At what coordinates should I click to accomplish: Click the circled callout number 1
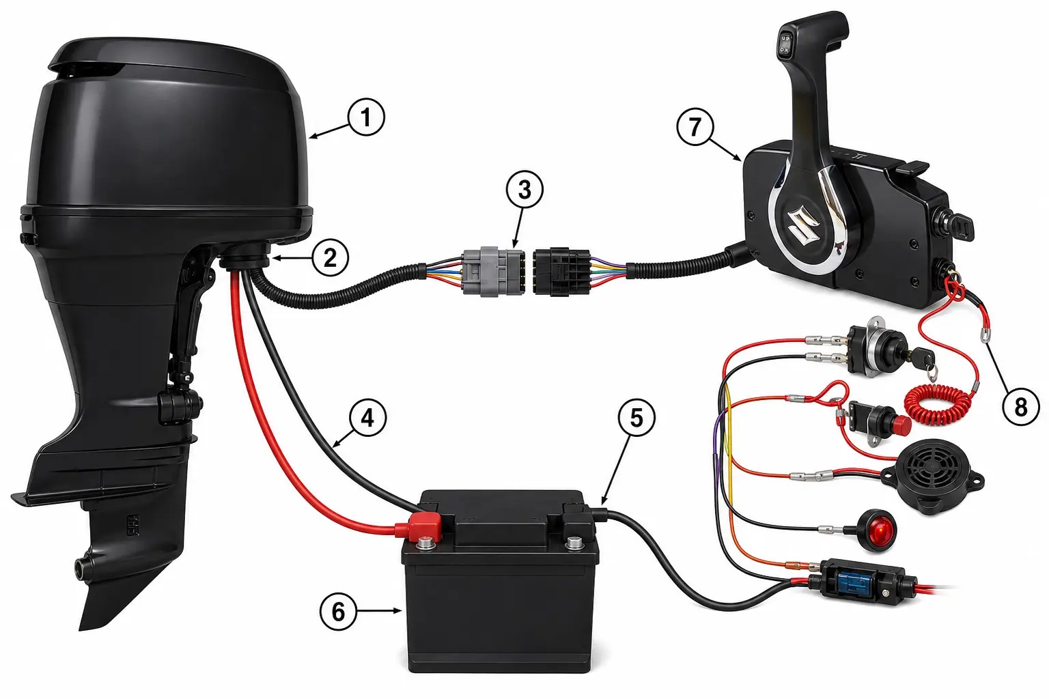[x=366, y=117]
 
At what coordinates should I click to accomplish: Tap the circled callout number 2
[x=330, y=258]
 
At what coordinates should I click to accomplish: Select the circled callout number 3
[x=524, y=190]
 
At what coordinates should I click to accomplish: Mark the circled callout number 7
[x=695, y=128]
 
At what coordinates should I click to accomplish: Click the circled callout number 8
[x=1021, y=407]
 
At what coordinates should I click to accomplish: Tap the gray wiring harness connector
[x=492, y=272]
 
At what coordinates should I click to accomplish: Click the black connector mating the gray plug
[x=562, y=272]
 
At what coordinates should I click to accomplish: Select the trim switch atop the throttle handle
[x=785, y=42]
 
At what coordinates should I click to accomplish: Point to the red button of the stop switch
[x=902, y=424]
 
